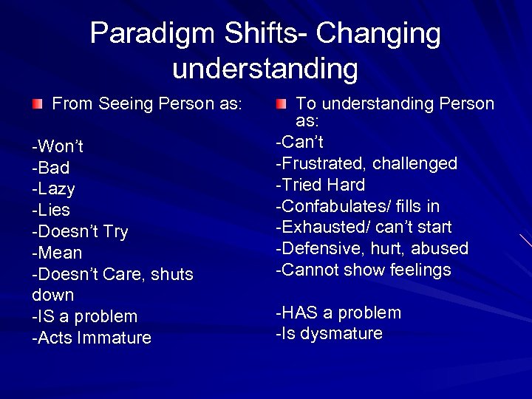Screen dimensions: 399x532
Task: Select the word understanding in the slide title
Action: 265,69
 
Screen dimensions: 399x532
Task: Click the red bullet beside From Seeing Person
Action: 37,104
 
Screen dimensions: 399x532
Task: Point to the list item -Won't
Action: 58,146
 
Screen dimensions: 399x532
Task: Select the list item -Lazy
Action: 54,189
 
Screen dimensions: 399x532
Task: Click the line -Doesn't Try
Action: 80,231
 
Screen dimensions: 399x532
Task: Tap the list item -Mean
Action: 57,253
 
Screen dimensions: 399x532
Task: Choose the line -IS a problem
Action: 85,316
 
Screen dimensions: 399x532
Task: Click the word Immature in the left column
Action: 115,338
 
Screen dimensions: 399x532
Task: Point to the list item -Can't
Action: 299,141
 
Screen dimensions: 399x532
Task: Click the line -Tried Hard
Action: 320,184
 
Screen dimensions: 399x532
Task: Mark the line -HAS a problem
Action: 338,313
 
